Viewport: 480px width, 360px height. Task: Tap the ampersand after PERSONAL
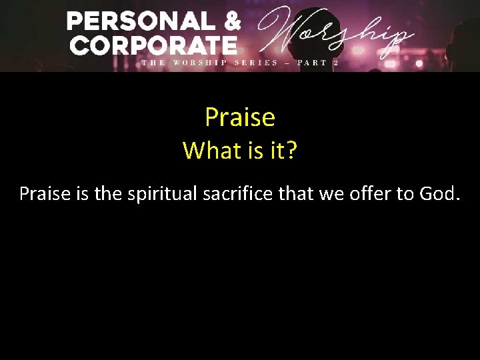pos(231,21)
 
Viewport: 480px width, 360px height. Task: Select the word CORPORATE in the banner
pos(154,45)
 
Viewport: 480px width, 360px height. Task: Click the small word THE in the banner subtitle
pos(153,63)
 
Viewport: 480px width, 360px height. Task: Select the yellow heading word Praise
pos(240,117)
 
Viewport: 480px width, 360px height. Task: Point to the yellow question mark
pos(291,151)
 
